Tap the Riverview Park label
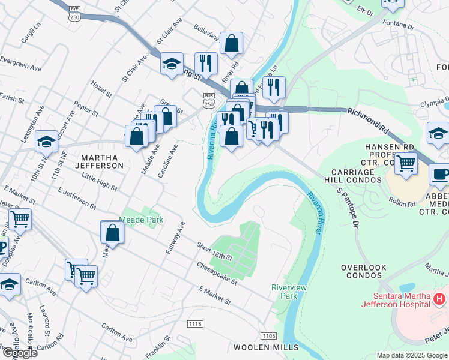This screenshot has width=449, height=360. click(x=289, y=292)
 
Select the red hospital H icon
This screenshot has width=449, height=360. click(x=440, y=298)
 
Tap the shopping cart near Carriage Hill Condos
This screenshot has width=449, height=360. click(x=407, y=163)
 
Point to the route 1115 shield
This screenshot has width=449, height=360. click(x=194, y=324)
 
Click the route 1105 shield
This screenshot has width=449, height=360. click(x=268, y=336)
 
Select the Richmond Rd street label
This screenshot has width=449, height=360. click(x=367, y=119)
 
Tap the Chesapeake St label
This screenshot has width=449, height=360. click(x=217, y=273)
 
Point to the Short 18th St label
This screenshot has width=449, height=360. click(x=214, y=251)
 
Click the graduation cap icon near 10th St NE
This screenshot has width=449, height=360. click(x=46, y=142)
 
